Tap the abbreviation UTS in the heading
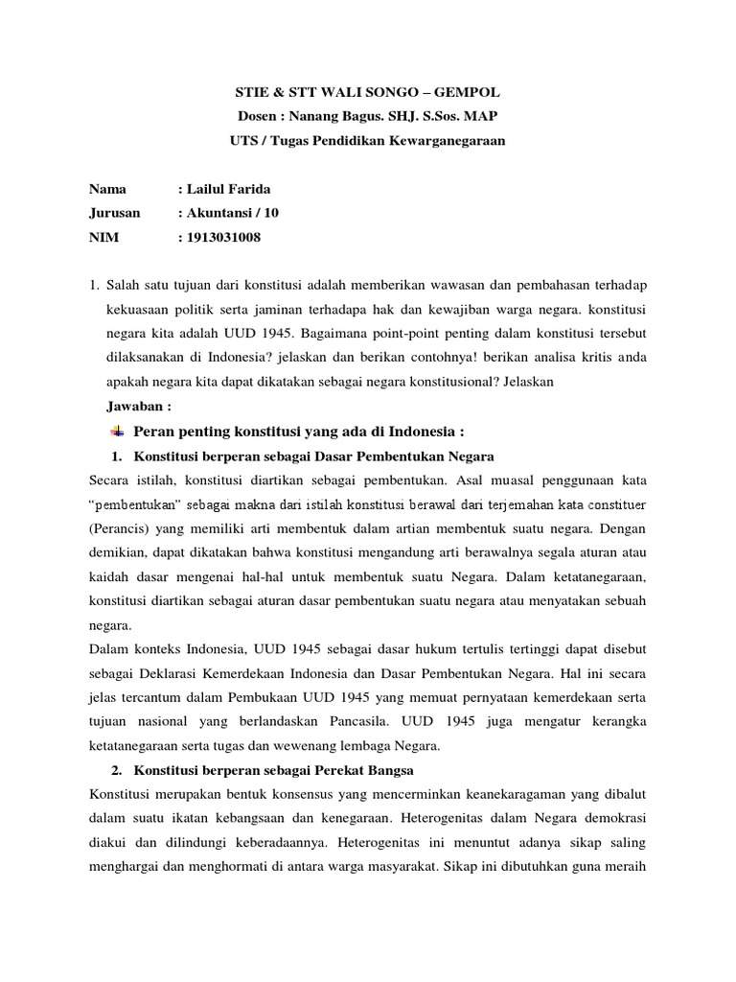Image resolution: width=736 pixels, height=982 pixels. click(242, 141)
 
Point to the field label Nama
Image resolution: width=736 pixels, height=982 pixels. click(107, 190)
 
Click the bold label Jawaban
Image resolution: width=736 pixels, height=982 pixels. click(136, 405)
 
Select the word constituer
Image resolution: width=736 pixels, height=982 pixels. click(613, 503)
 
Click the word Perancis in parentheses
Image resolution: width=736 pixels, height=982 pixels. click(119, 527)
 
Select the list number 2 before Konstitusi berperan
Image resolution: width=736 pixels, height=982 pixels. click(116, 770)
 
